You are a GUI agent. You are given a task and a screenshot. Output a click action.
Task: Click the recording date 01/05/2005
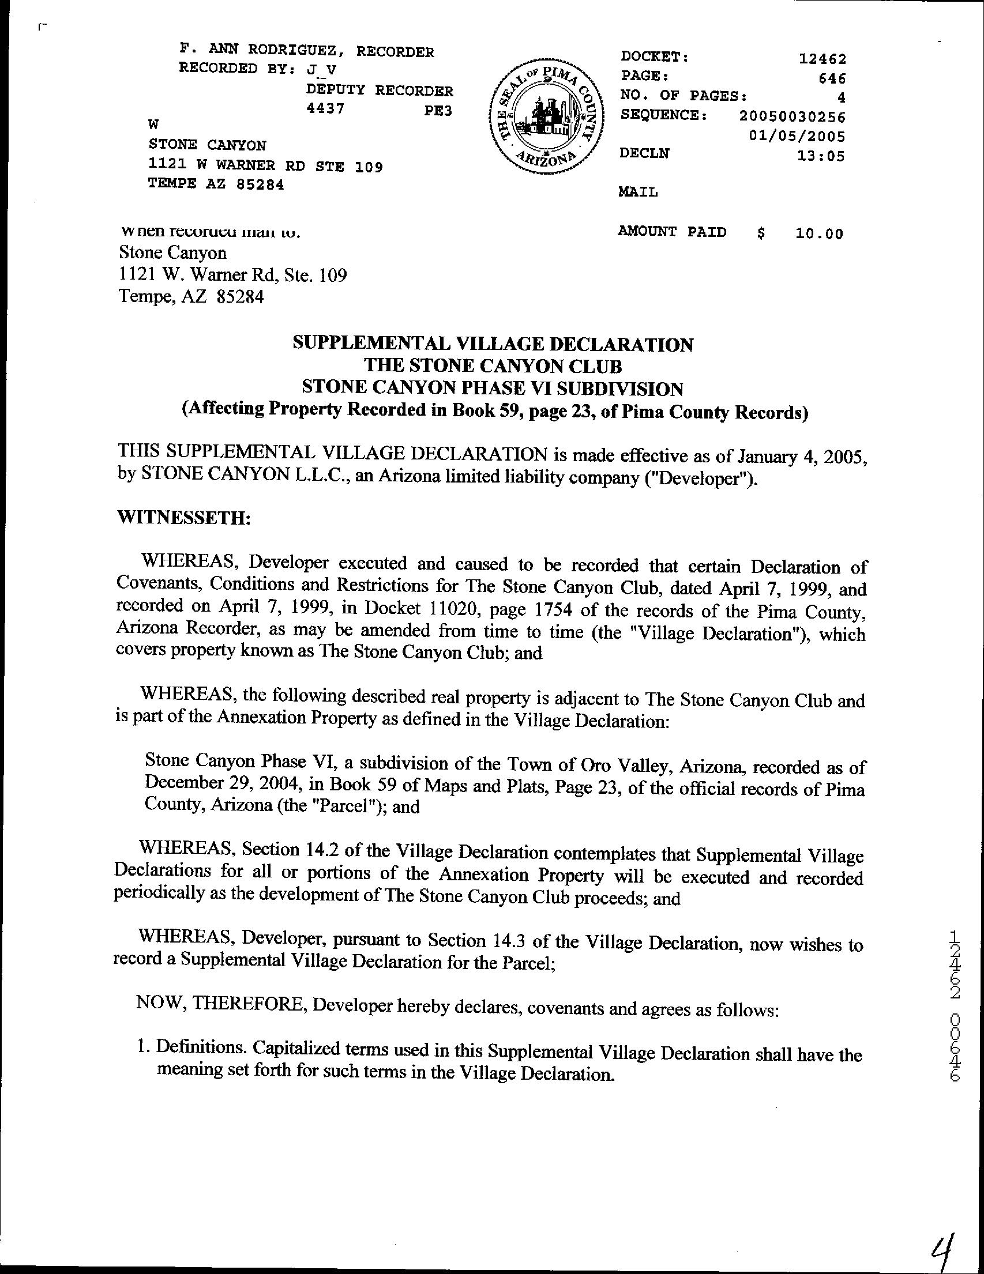tap(797, 137)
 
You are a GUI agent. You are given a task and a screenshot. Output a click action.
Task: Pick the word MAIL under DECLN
tap(638, 192)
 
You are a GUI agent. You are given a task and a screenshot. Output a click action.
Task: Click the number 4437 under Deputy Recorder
tap(325, 109)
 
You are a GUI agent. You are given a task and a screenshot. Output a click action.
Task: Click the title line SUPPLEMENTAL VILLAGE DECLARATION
tap(493, 344)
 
